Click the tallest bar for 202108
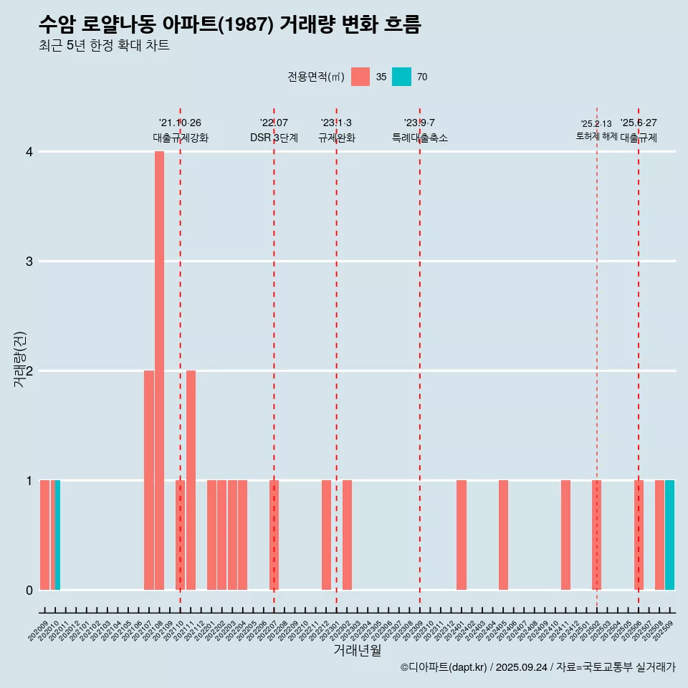tap(159, 371)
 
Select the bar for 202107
tap(149, 480)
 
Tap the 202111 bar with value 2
tap(191, 480)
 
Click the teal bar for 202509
tap(669, 535)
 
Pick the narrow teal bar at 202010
tap(57, 535)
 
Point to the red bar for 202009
tap(44, 535)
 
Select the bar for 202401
tap(462, 535)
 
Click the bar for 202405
tap(503, 535)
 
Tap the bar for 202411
tap(565, 535)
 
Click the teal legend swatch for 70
tap(401, 77)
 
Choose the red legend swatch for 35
tap(360, 77)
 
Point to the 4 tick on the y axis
tap(29, 152)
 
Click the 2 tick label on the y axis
tap(29, 371)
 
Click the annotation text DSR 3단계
tap(274, 138)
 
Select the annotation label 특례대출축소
tap(420, 138)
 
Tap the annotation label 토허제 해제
tap(596, 136)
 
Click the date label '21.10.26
tap(180, 123)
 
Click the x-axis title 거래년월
tap(357, 650)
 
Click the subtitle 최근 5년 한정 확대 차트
tap(104, 46)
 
